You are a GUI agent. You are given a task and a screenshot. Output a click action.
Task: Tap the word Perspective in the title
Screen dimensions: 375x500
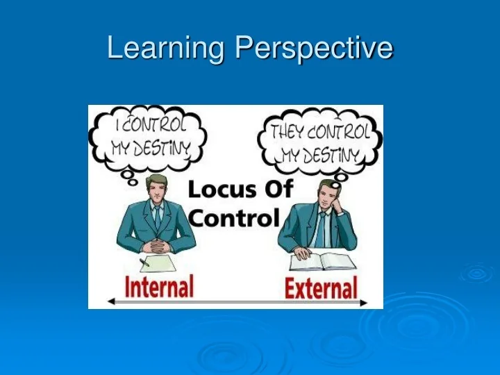[x=314, y=48]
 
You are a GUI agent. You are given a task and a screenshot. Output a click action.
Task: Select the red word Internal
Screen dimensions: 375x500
[x=159, y=286]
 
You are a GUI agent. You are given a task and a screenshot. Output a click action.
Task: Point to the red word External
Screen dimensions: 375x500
[x=321, y=287]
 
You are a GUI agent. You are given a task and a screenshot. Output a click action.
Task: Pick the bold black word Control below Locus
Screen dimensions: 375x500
[x=233, y=218]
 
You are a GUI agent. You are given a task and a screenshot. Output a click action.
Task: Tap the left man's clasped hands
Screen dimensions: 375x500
[x=158, y=245]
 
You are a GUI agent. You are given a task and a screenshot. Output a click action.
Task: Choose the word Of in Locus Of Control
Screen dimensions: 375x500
[x=278, y=189]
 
